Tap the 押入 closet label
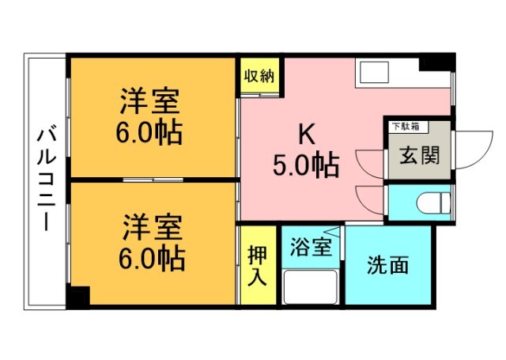pos(258,267)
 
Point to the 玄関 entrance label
pos(419,155)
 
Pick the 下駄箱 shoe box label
pos(406,125)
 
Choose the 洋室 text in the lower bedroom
pos(153,228)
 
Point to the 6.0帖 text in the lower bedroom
pos(153,257)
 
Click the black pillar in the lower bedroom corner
pos(78,297)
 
